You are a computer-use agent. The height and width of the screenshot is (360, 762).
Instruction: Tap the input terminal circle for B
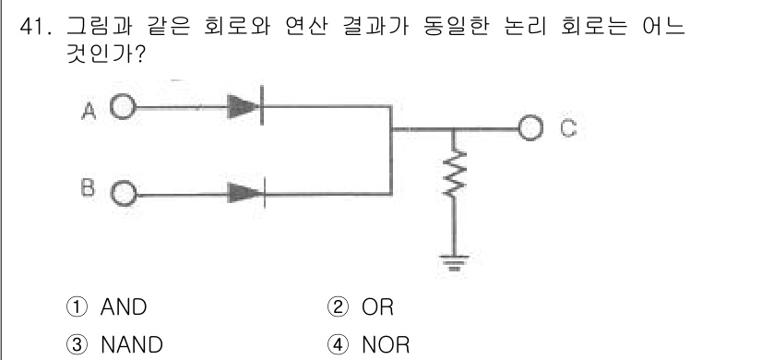pyautogui.click(x=122, y=194)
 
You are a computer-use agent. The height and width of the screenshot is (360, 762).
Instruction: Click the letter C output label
pyautogui.click(x=565, y=128)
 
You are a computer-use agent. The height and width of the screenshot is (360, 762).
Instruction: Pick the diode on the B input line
pyautogui.click(x=244, y=194)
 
